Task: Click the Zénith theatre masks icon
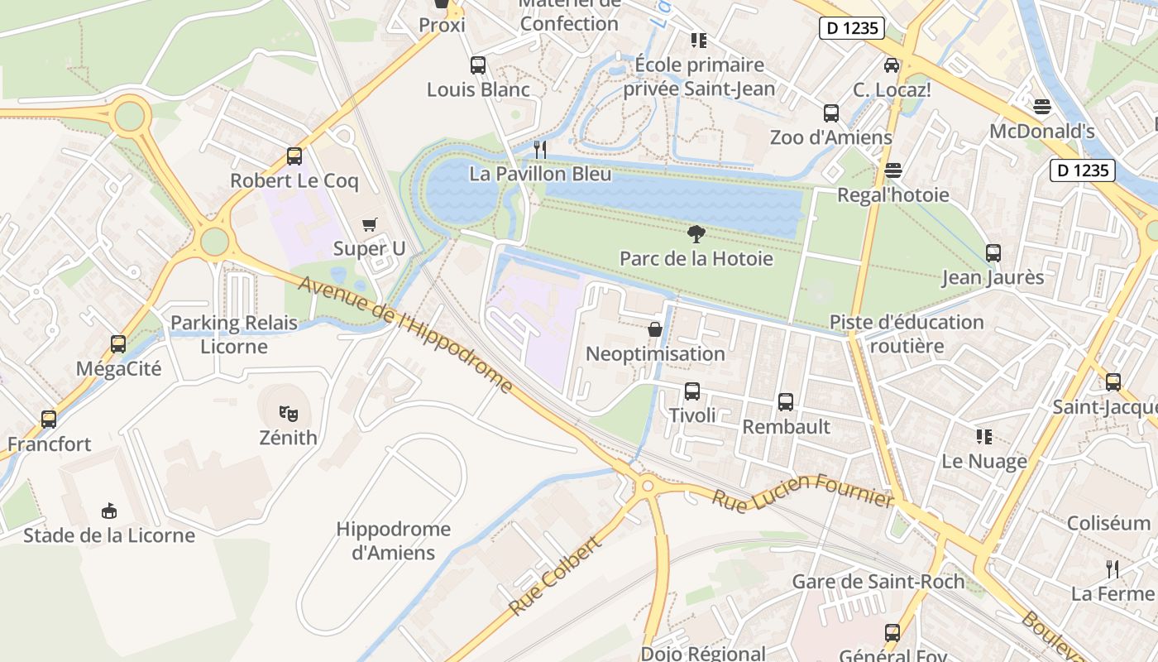coord(288,412)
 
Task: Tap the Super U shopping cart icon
coord(369,224)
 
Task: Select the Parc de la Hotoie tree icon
coord(696,234)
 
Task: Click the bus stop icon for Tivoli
coord(691,391)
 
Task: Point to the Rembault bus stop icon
coord(785,402)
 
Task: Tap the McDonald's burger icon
coord(1041,107)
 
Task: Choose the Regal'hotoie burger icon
coord(892,170)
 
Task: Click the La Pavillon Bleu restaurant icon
coord(540,150)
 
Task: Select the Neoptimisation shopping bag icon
coord(654,329)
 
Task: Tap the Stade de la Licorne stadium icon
coord(108,511)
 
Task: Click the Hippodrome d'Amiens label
coord(394,540)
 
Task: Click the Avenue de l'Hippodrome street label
coord(405,333)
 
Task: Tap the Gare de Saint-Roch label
coord(878,582)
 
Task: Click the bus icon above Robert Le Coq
coord(294,156)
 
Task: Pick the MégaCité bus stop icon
coord(118,344)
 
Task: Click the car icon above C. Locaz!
coord(892,65)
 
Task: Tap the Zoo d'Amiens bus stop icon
coord(830,113)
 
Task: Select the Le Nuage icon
coord(983,436)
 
